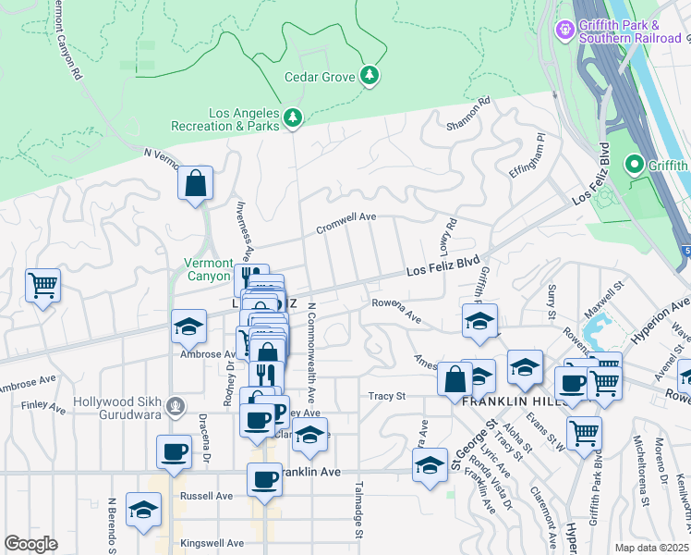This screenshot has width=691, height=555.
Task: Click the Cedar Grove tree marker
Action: (370, 75)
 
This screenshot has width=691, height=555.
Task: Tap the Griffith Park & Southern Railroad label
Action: (631, 31)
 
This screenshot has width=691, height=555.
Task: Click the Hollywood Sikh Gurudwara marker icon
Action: (174, 405)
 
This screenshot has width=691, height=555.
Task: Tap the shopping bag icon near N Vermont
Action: (196, 184)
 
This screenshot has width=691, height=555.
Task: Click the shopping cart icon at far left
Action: (42, 286)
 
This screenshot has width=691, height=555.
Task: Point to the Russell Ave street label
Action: (199, 495)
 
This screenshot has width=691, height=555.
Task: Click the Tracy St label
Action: (388, 396)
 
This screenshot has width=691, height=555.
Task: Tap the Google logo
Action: (31, 544)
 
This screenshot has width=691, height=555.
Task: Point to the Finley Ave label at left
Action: (43, 406)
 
